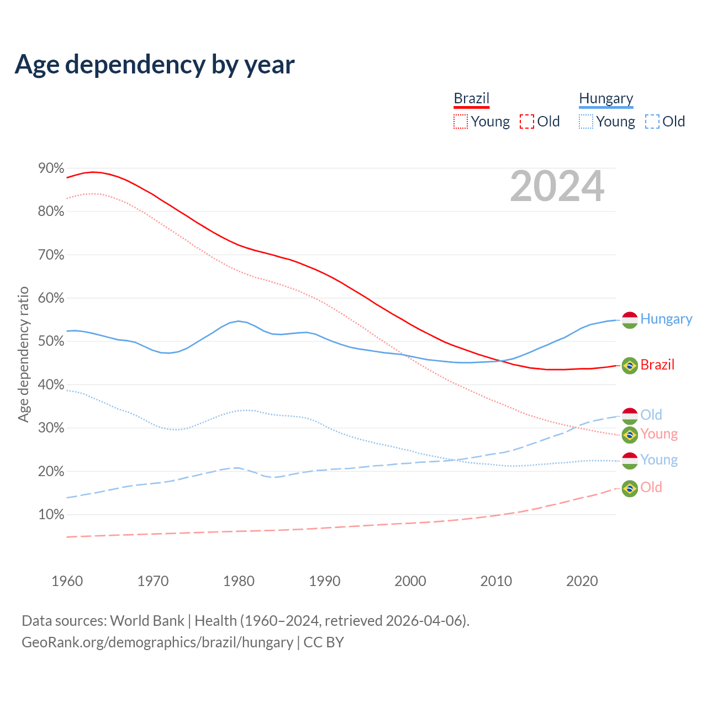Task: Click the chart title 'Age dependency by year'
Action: (x=155, y=65)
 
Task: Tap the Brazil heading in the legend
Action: (x=472, y=98)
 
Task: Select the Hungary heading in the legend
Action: (x=606, y=98)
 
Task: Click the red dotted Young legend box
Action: (x=461, y=122)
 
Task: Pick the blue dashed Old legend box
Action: (x=652, y=122)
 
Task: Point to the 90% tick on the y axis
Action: (x=51, y=168)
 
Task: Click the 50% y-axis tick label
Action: (x=51, y=341)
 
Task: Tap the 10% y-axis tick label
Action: (x=51, y=515)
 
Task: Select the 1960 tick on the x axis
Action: (x=67, y=581)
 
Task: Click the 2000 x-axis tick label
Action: (x=410, y=581)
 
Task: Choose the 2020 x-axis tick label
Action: (x=582, y=581)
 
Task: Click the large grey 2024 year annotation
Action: (x=557, y=186)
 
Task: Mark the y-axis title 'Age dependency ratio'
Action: (x=23, y=354)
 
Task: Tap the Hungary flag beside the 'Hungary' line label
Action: (x=630, y=320)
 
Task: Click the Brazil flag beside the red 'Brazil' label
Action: (x=630, y=366)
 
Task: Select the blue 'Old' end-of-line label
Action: (x=651, y=415)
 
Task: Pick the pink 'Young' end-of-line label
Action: (x=659, y=434)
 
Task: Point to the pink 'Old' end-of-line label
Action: (x=651, y=487)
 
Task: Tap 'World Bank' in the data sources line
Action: (x=147, y=621)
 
